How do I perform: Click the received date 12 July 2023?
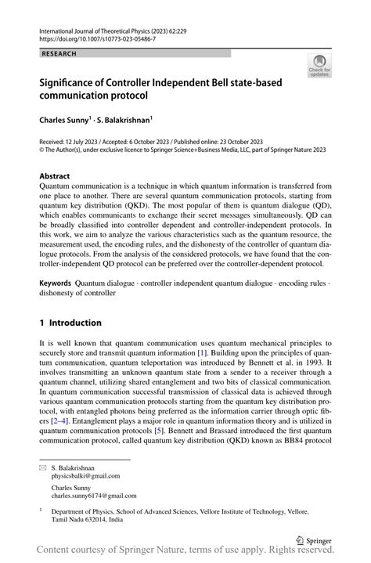(90, 143)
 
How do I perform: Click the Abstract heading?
(55, 176)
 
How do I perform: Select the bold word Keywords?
(56, 281)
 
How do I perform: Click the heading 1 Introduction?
(70, 323)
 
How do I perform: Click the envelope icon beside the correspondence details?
(44, 467)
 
